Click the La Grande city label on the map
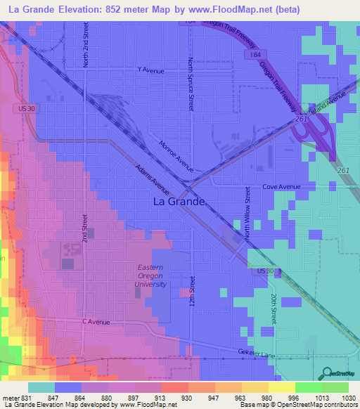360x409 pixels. pos(179,201)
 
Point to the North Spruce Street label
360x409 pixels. pos(191,84)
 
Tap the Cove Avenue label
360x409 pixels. pos(281,187)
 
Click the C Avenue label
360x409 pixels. pos(96,322)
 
